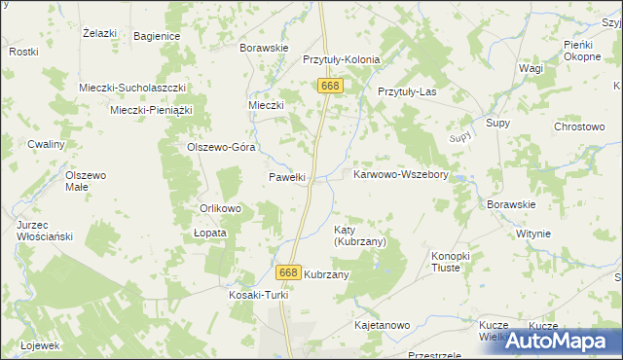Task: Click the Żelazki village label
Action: click(100, 33)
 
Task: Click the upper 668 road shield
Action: click(330, 87)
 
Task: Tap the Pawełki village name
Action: click(287, 177)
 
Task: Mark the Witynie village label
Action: click(533, 234)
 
